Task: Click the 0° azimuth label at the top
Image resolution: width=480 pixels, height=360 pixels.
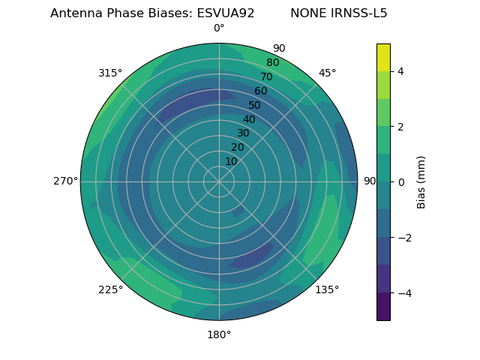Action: point(219,28)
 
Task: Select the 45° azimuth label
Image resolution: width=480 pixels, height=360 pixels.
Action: point(327,73)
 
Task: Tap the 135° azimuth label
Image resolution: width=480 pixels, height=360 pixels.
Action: point(327,289)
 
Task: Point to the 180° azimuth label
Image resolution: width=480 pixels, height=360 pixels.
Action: point(219,334)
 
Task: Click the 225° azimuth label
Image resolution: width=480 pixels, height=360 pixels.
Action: point(110,289)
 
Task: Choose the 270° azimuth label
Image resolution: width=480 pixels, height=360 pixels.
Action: point(65,181)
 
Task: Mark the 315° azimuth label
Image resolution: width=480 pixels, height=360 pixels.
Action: point(110,73)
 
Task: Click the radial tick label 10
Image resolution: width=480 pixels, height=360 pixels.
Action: point(231,161)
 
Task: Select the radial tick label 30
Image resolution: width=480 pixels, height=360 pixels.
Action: point(243,133)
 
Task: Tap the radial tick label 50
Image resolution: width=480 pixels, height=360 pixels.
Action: point(255,106)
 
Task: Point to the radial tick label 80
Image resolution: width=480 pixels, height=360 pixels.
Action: point(273,63)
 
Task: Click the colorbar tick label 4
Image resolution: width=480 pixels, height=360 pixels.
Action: point(400,72)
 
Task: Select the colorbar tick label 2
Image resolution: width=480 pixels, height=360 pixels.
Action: point(400,127)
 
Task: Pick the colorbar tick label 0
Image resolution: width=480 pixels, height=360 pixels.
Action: point(400,182)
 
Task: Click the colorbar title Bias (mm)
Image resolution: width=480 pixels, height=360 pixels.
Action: point(421,181)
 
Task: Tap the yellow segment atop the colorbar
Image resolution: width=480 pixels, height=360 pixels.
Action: point(383,57)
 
